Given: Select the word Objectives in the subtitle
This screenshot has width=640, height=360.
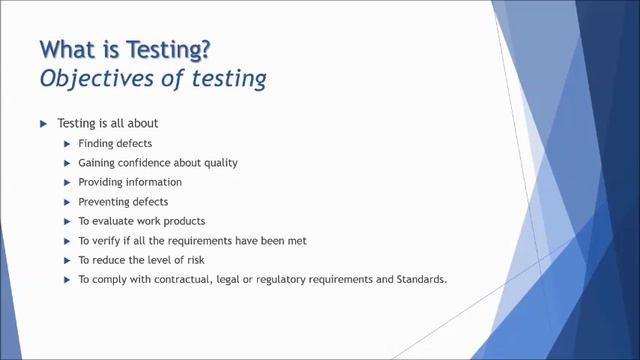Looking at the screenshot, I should click(90, 78).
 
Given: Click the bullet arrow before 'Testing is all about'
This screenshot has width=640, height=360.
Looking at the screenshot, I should click(43, 124).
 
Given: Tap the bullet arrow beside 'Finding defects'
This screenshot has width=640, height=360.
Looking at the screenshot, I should click(67, 143).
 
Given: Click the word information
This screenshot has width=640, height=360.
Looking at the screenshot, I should click(151, 182).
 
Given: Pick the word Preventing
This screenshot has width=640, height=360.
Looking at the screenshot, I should click(104, 201).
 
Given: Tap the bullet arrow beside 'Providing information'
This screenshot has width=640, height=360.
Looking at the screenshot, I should click(67, 182).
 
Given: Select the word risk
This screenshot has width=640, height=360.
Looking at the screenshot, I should click(205, 259).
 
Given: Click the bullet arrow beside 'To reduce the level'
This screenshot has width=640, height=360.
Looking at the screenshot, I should click(67, 259).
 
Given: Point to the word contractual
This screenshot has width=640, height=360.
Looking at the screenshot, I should click(160, 279).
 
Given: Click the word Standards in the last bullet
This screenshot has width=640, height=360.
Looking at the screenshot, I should click(420, 279).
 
